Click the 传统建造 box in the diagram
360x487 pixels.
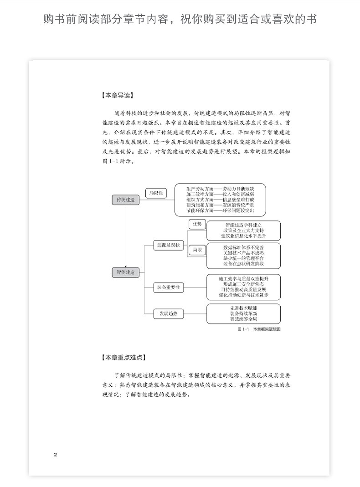click(125, 200)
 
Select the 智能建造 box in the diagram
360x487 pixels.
click(125, 272)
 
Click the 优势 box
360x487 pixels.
click(197, 224)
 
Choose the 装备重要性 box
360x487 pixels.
click(168, 287)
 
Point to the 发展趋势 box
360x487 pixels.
click(168, 313)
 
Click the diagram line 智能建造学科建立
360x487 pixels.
click(243, 225)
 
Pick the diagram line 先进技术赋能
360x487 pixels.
click(243, 308)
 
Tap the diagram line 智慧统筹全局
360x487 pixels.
click(243, 320)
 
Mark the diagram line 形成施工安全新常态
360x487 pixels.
click(243, 283)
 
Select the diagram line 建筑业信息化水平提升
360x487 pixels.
click(243, 236)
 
